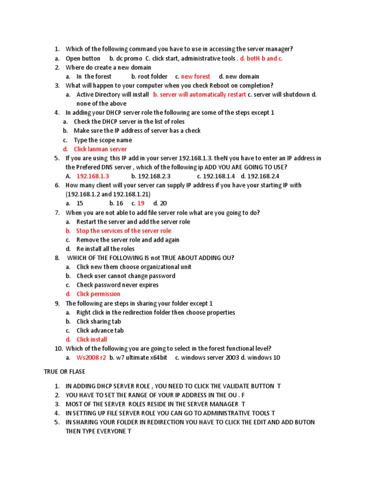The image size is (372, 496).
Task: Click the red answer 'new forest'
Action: click(x=196, y=77)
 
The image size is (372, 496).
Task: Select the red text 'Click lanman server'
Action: click(x=100, y=149)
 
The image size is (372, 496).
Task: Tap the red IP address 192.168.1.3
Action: click(x=93, y=176)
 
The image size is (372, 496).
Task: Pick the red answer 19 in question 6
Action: click(x=141, y=203)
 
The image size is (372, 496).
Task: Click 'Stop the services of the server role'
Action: click(x=124, y=231)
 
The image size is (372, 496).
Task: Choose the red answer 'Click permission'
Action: click(x=98, y=294)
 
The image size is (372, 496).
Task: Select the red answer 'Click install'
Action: click(x=92, y=340)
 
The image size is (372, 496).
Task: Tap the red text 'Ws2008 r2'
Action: click(x=91, y=358)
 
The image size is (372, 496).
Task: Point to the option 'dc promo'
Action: click(x=129, y=59)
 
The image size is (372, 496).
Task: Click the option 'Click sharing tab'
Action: click(x=99, y=322)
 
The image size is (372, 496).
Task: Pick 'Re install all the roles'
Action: click(x=106, y=249)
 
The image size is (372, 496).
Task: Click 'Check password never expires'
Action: click(x=118, y=285)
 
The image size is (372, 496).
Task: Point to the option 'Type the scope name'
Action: click(x=103, y=140)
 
